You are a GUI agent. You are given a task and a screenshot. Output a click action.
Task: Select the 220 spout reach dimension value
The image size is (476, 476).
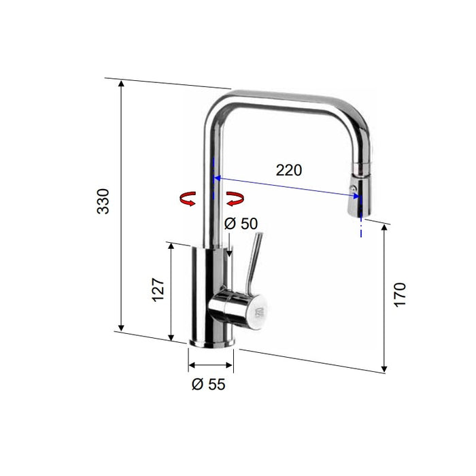tap(288, 170)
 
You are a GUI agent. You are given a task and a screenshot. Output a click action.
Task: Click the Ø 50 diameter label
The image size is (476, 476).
tap(241, 223)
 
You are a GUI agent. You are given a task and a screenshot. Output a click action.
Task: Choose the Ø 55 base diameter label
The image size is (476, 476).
tap(208, 384)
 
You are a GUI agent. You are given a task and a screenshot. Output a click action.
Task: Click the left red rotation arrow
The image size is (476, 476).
tap(186, 199)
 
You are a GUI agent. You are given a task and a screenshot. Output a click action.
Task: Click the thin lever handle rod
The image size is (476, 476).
tap(253, 262)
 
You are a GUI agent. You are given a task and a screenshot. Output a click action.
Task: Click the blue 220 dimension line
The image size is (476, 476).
tap(286, 188)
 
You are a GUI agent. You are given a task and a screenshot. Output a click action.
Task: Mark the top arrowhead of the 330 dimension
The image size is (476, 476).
tap(121, 84)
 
